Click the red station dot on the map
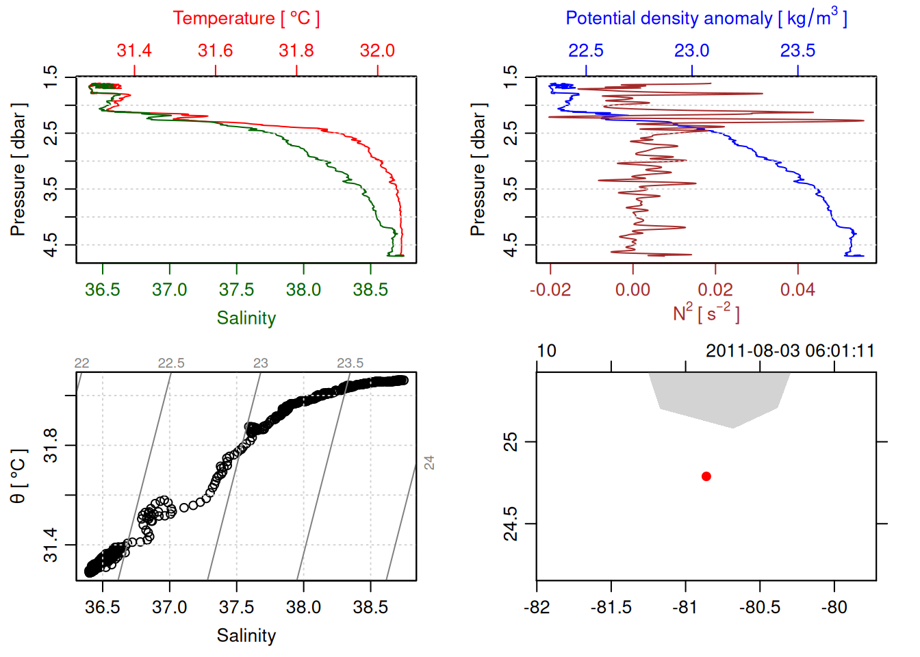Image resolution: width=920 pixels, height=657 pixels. [x=706, y=476]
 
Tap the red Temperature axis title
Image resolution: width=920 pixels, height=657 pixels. [x=246, y=18]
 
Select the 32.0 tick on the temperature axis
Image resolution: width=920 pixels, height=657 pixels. [x=377, y=51]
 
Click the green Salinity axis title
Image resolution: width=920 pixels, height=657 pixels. [x=246, y=318]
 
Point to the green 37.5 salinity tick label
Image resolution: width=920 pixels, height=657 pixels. [x=236, y=290]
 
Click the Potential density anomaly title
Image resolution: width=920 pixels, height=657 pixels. [x=706, y=18]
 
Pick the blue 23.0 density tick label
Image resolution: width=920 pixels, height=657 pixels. [x=691, y=51]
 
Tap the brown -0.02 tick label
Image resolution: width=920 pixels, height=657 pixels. [x=550, y=290]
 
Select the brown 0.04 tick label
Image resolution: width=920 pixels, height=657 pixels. [x=797, y=290]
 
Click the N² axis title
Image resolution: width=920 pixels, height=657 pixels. [x=706, y=313]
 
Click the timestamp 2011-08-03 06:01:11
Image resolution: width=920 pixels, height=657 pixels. [x=790, y=351]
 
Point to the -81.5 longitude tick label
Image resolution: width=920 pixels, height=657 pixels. [x=611, y=608]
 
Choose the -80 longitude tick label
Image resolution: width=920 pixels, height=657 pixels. [x=834, y=608]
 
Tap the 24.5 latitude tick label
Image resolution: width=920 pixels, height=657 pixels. [x=511, y=524]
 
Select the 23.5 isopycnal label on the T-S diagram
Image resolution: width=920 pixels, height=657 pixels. [x=350, y=363]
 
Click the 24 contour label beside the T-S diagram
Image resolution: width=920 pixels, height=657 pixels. [x=429, y=463]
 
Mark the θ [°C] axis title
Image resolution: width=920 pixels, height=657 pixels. [x=18, y=476]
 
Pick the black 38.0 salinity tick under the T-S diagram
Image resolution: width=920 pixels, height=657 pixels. [x=303, y=608]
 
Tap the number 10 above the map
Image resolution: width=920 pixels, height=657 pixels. [x=546, y=351]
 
